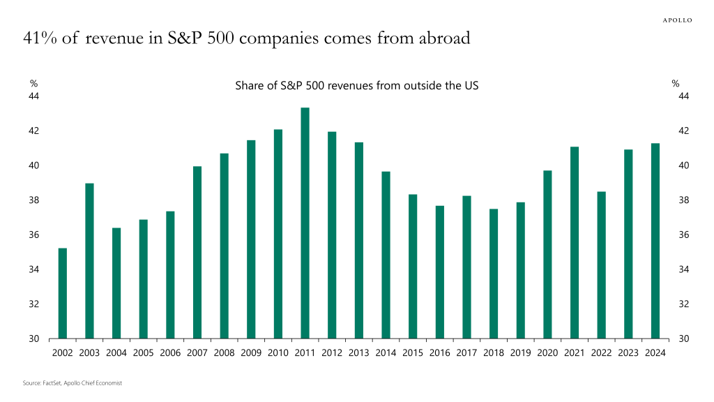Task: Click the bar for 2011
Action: [x=305, y=223]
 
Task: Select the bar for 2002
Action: [x=63, y=293]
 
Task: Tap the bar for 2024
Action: [x=655, y=241]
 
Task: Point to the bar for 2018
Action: [x=494, y=274]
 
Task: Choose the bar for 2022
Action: [x=602, y=265]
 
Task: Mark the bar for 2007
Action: [x=197, y=253]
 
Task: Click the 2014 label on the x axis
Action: [x=386, y=352]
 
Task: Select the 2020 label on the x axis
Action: [x=547, y=352]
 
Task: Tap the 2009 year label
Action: [x=251, y=352]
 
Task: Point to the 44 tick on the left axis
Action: [x=33, y=96]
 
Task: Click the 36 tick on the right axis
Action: [x=683, y=235]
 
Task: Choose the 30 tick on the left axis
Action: [x=33, y=339]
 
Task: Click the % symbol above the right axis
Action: [x=675, y=84]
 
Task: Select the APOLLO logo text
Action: [x=676, y=20]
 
